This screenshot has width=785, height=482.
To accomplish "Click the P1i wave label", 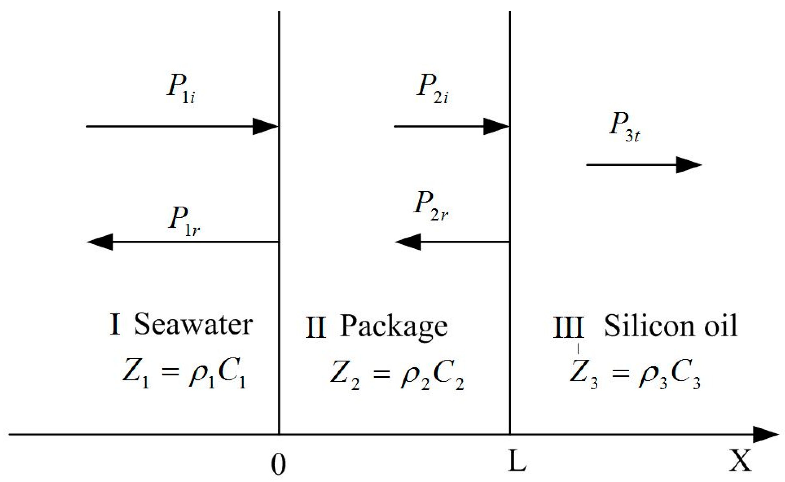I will coord(181,89).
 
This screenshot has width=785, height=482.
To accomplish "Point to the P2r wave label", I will coord(431,206).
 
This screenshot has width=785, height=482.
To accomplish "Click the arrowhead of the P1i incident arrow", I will coord(266,126).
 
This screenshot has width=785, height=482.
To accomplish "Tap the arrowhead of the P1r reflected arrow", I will coord(100,242).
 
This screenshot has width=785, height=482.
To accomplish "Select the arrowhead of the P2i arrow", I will coord(496,126).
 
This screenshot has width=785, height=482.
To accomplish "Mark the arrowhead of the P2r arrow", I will coord(408,242).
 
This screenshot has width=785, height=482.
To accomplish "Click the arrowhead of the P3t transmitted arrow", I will coord(689,165).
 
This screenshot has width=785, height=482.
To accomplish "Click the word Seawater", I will coord(193,324).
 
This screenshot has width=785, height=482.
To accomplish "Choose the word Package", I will coord(394,326).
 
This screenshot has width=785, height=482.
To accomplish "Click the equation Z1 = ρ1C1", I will coord(184,374).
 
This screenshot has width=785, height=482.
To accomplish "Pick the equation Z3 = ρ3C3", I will coord(635,375).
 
